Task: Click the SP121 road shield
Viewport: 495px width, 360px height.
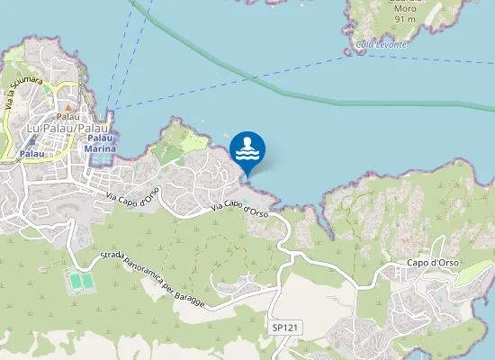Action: tap(284, 328)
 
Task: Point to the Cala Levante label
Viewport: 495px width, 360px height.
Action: tap(381, 44)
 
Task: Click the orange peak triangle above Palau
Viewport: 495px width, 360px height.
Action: tap(67, 107)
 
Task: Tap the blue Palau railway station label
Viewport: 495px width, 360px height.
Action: tap(32, 154)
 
